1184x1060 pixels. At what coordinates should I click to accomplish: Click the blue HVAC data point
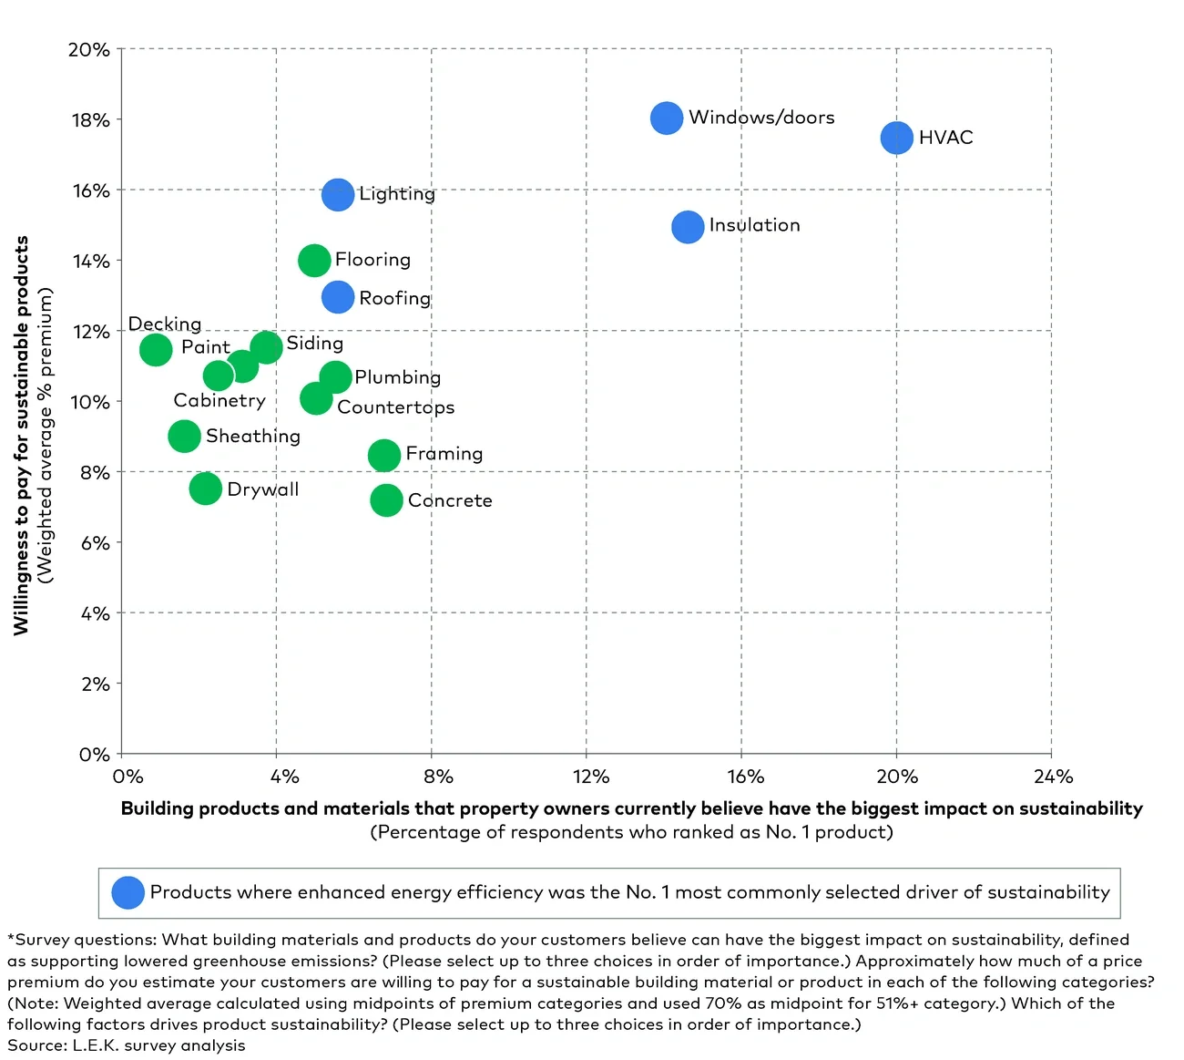pos(896,138)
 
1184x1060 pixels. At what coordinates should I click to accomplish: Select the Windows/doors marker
pos(667,118)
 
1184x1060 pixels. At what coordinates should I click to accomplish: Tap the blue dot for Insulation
pos(688,226)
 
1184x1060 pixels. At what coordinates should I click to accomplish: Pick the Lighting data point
pos(338,194)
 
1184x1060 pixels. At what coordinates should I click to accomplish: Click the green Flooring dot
pos(314,261)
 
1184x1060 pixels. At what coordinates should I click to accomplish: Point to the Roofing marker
pos(338,297)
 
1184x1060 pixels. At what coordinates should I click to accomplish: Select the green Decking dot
pos(156,349)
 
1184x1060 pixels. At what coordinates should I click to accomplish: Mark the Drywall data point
pos(206,489)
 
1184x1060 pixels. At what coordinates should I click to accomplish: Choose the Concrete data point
pos(386,499)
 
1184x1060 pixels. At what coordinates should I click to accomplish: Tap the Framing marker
pos(384,455)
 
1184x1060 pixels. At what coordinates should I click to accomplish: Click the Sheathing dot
pos(184,437)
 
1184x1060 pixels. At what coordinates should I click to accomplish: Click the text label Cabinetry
pos(219,401)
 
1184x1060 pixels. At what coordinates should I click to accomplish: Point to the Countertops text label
pos(395,407)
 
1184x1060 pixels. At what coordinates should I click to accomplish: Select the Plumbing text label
pos(398,377)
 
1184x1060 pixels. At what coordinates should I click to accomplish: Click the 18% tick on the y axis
pos(91,120)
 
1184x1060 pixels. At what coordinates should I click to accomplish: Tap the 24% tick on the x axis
pos(1053,777)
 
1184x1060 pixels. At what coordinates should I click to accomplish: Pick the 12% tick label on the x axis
pos(590,777)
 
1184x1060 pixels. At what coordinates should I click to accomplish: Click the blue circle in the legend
pos(128,892)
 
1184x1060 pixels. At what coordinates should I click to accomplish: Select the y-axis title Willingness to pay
pos(22,436)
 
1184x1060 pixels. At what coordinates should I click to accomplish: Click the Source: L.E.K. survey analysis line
pos(127,1045)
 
